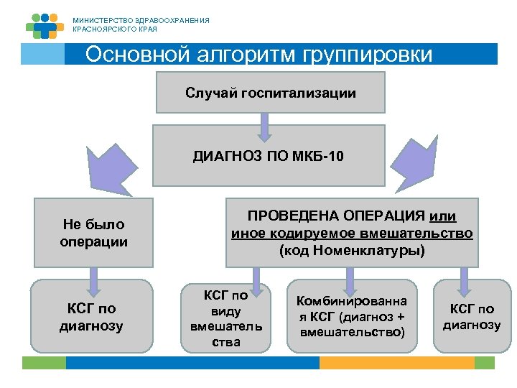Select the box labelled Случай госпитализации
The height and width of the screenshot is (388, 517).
pos(271,93)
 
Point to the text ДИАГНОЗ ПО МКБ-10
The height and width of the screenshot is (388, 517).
pos(268,156)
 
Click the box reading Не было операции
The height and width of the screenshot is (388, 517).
pos(94,234)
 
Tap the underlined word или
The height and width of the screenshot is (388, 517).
pos(442,217)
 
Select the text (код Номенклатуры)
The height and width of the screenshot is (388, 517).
pos(352,250)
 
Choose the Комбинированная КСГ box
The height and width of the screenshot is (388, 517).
pos(353,317)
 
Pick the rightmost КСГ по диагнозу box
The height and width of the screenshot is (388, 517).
pos(471,317)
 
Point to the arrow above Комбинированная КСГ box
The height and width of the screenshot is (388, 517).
pos(351,277)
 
